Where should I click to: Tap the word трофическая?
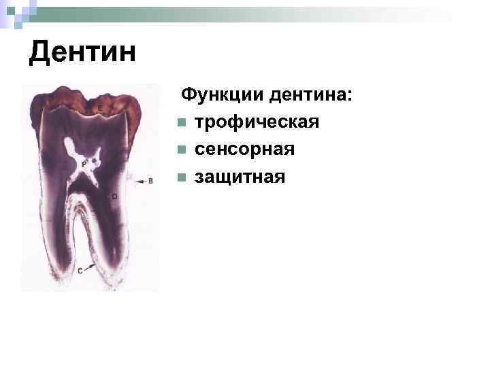pyautogui.click(x=257, y=122)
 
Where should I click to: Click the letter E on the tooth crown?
pyautogui.click(x=100, y=109)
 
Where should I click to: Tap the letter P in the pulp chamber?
pyautogui.click(x=83, y=164)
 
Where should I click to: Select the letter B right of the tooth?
pyautogui.click(x=150, y=181)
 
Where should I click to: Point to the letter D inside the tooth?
pyautogui.click(x=114, y=196)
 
